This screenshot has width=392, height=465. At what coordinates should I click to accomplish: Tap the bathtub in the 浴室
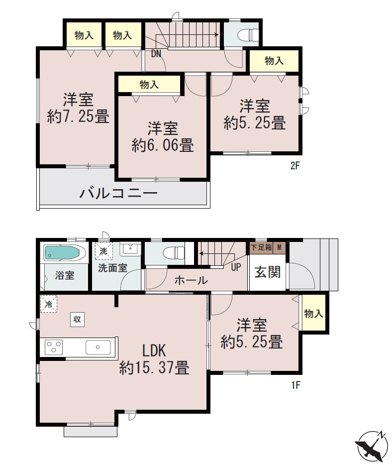click(x=64, y=253)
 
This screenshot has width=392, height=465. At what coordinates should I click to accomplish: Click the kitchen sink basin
click(x=98, y=346)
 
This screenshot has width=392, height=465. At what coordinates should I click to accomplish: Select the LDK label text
click(x=154, y=350)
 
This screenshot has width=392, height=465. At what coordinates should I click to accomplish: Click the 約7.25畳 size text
click(x=78, y=117)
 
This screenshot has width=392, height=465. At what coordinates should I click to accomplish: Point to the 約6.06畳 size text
click(x=163, y=145)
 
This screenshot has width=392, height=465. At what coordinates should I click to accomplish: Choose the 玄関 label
click(x=268, y=272)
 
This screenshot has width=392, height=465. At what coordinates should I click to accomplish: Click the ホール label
click(x=191, y=280)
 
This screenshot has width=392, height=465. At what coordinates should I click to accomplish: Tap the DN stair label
click(x=156, y=54)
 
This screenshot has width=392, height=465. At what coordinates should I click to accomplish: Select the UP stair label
click(x=236, y=267)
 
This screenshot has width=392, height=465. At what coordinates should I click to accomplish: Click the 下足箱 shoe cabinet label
click(x=262, y=247)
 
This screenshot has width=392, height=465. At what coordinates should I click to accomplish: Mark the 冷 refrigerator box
click(x=49, y=304)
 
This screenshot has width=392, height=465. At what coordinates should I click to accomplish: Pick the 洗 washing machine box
click(x=103, y=251)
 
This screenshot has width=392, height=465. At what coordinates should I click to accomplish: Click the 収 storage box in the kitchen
click(x=77, y=319)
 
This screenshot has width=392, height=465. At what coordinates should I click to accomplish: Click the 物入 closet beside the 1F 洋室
click(x=314, y=314)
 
